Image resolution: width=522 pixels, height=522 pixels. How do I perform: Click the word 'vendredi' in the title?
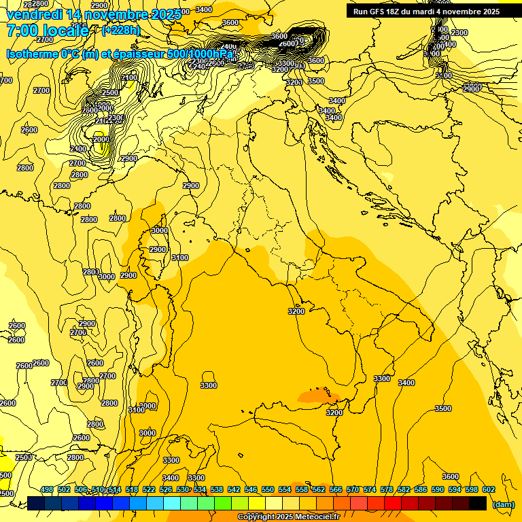point(31,15)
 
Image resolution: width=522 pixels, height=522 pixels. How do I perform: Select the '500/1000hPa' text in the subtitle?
point(201,54)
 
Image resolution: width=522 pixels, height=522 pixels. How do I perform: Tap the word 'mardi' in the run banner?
point(431,12)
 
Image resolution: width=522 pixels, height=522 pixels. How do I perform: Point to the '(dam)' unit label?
point(503,504)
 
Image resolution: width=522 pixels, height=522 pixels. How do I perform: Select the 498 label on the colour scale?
point(47,489)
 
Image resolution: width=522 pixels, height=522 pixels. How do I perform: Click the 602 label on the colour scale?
point(488,489)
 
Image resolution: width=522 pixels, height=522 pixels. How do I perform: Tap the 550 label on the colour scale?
point(268,489)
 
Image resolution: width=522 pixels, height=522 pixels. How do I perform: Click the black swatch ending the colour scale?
point(478,503)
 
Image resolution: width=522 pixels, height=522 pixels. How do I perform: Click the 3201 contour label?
point(294,82)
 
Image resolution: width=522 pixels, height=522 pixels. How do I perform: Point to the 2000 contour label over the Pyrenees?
point(101,139)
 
